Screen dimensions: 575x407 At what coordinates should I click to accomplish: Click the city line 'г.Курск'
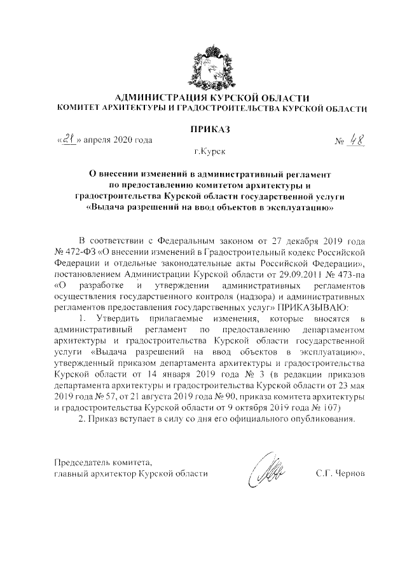tap(210, 152)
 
